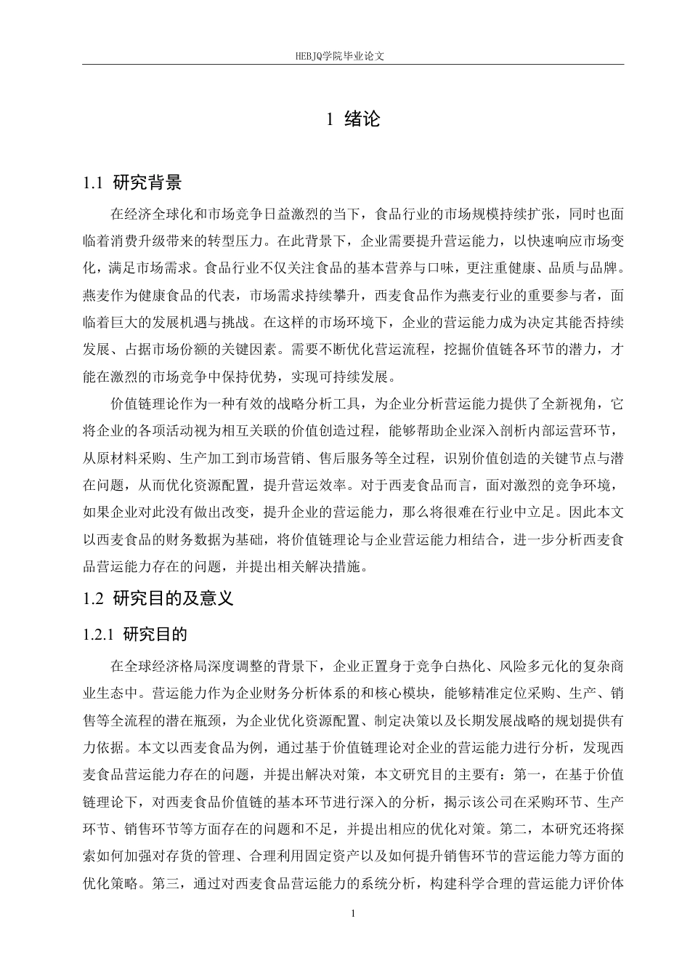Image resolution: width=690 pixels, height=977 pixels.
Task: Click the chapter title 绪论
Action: (x=362, y=119)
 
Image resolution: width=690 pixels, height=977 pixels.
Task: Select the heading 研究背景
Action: (x=148, y=182)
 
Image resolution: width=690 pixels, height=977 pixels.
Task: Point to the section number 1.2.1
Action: (x=100, y=634)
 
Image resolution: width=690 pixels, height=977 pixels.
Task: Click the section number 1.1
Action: (x=94, y=182)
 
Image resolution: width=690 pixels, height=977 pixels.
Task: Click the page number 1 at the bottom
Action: (x=353, y=914)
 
